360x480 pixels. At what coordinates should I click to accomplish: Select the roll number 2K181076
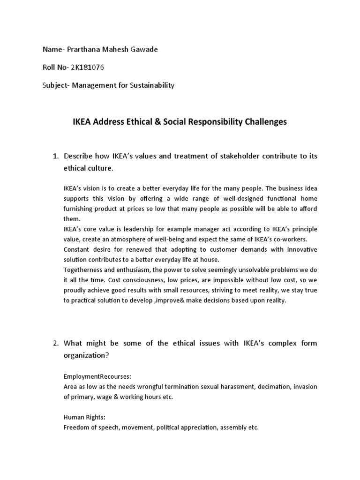87,67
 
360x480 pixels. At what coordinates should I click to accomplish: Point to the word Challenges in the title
265,122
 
